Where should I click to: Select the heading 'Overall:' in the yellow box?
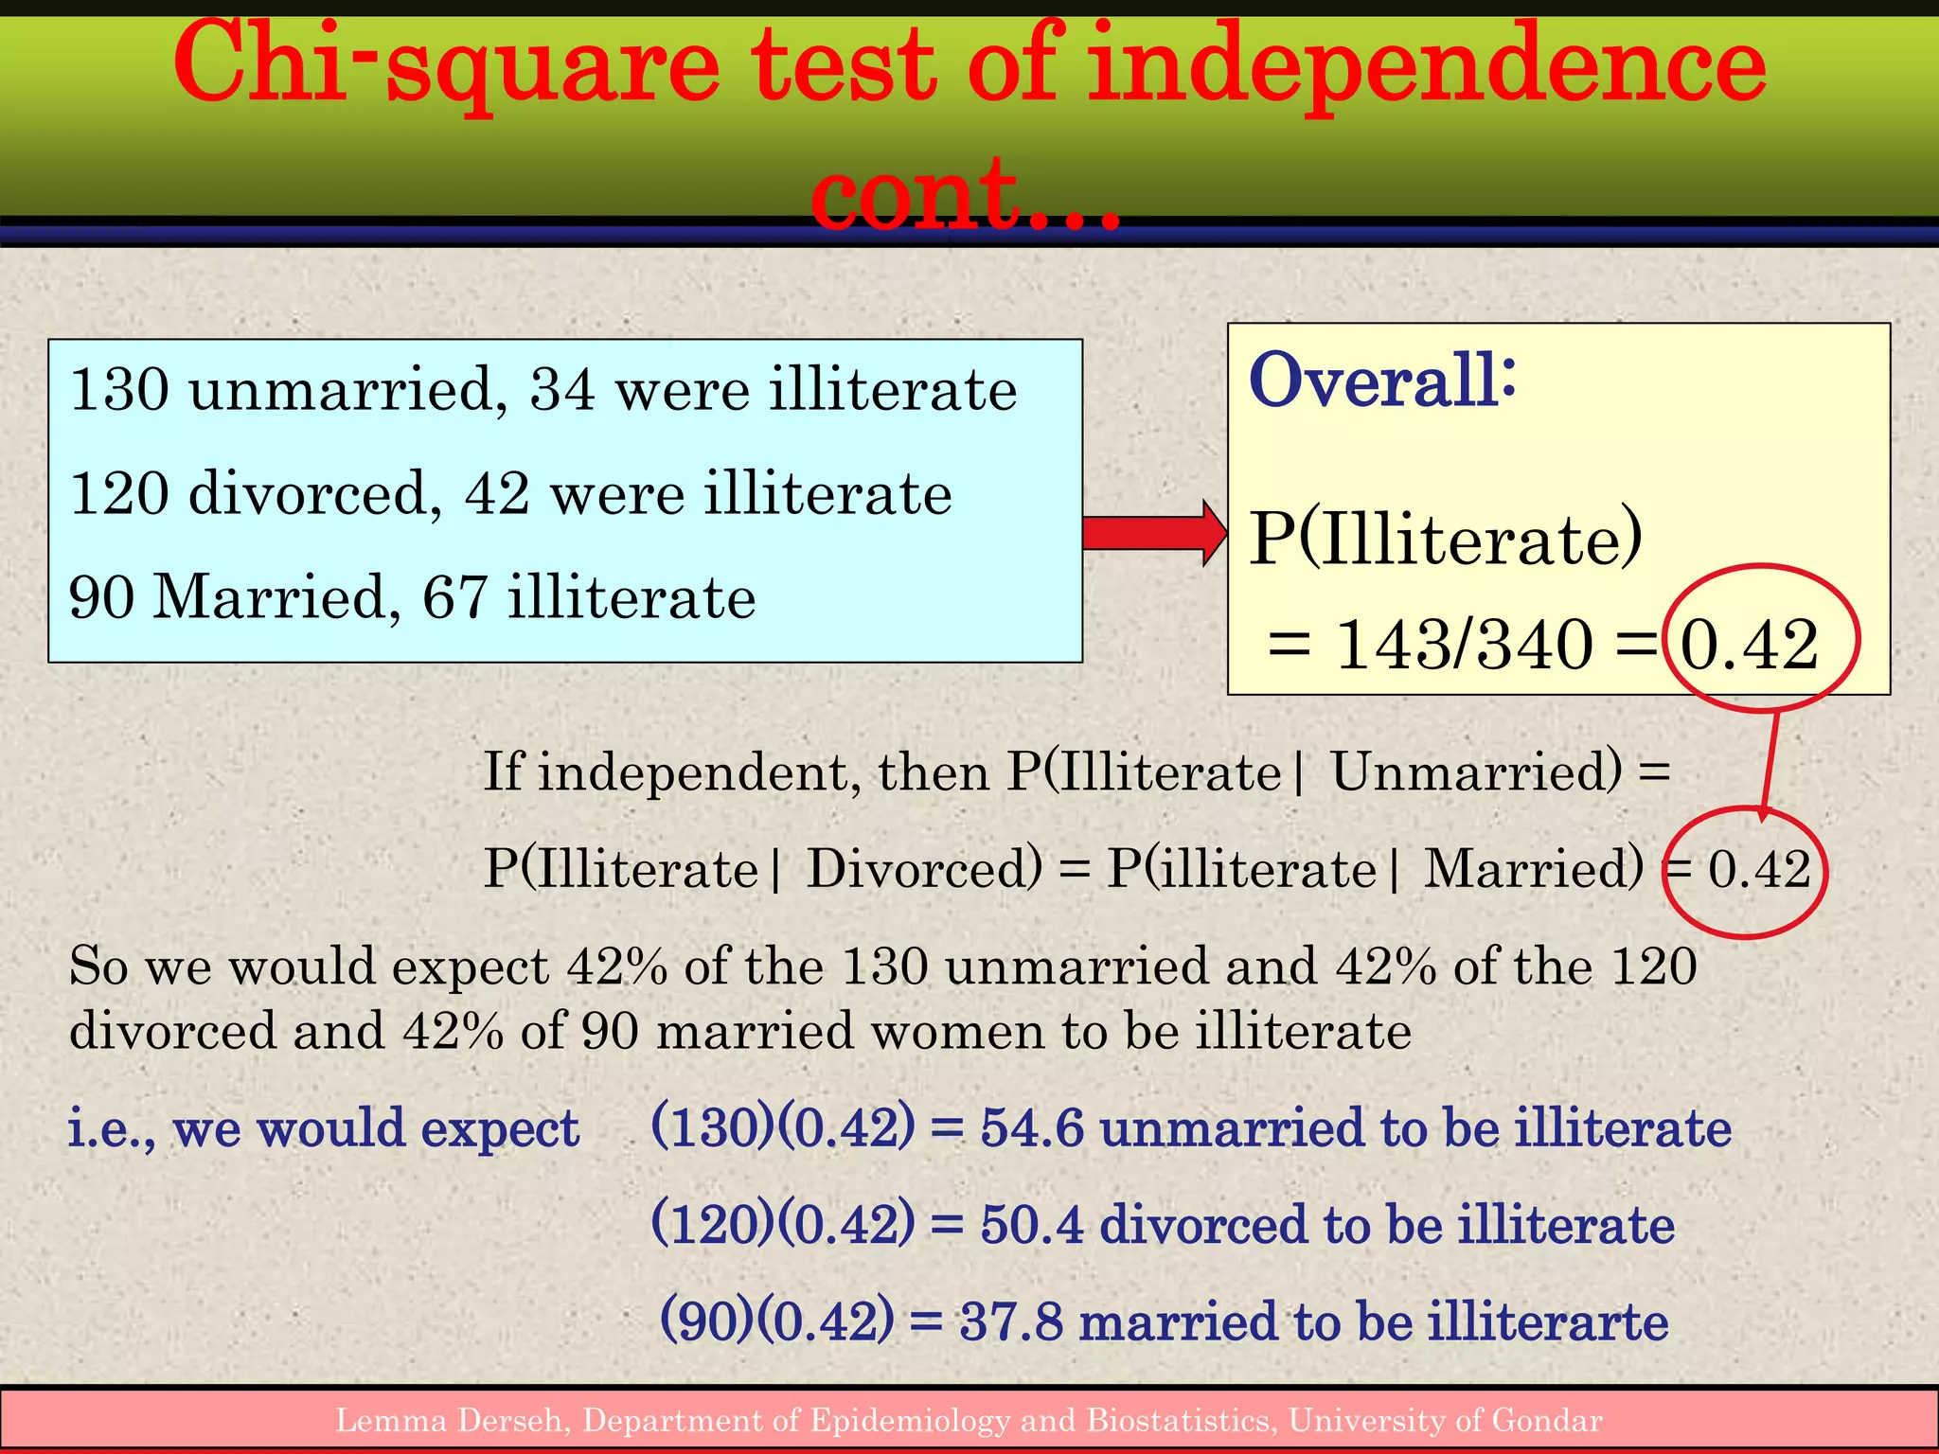click(x=1382, y=381)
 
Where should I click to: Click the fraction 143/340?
click(x=1464, y=646)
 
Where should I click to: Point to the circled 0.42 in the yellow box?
click(x=1750, y=646)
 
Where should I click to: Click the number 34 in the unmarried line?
click(x=562, y=389)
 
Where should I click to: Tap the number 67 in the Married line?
click(x=454, y=597)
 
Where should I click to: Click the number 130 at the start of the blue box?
click(x=119, y=389)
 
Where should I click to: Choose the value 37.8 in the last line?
click(x=1010, y=1321)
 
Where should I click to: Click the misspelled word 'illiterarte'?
click(x=1547, y=1321)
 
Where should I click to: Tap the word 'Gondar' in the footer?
click(x=1547, y=1421)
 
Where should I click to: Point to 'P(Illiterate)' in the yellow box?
click(x=1445, y=540)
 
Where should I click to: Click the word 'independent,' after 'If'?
click(x=699, y=772)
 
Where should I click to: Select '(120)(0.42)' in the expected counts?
click(x=783, y=1225)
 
